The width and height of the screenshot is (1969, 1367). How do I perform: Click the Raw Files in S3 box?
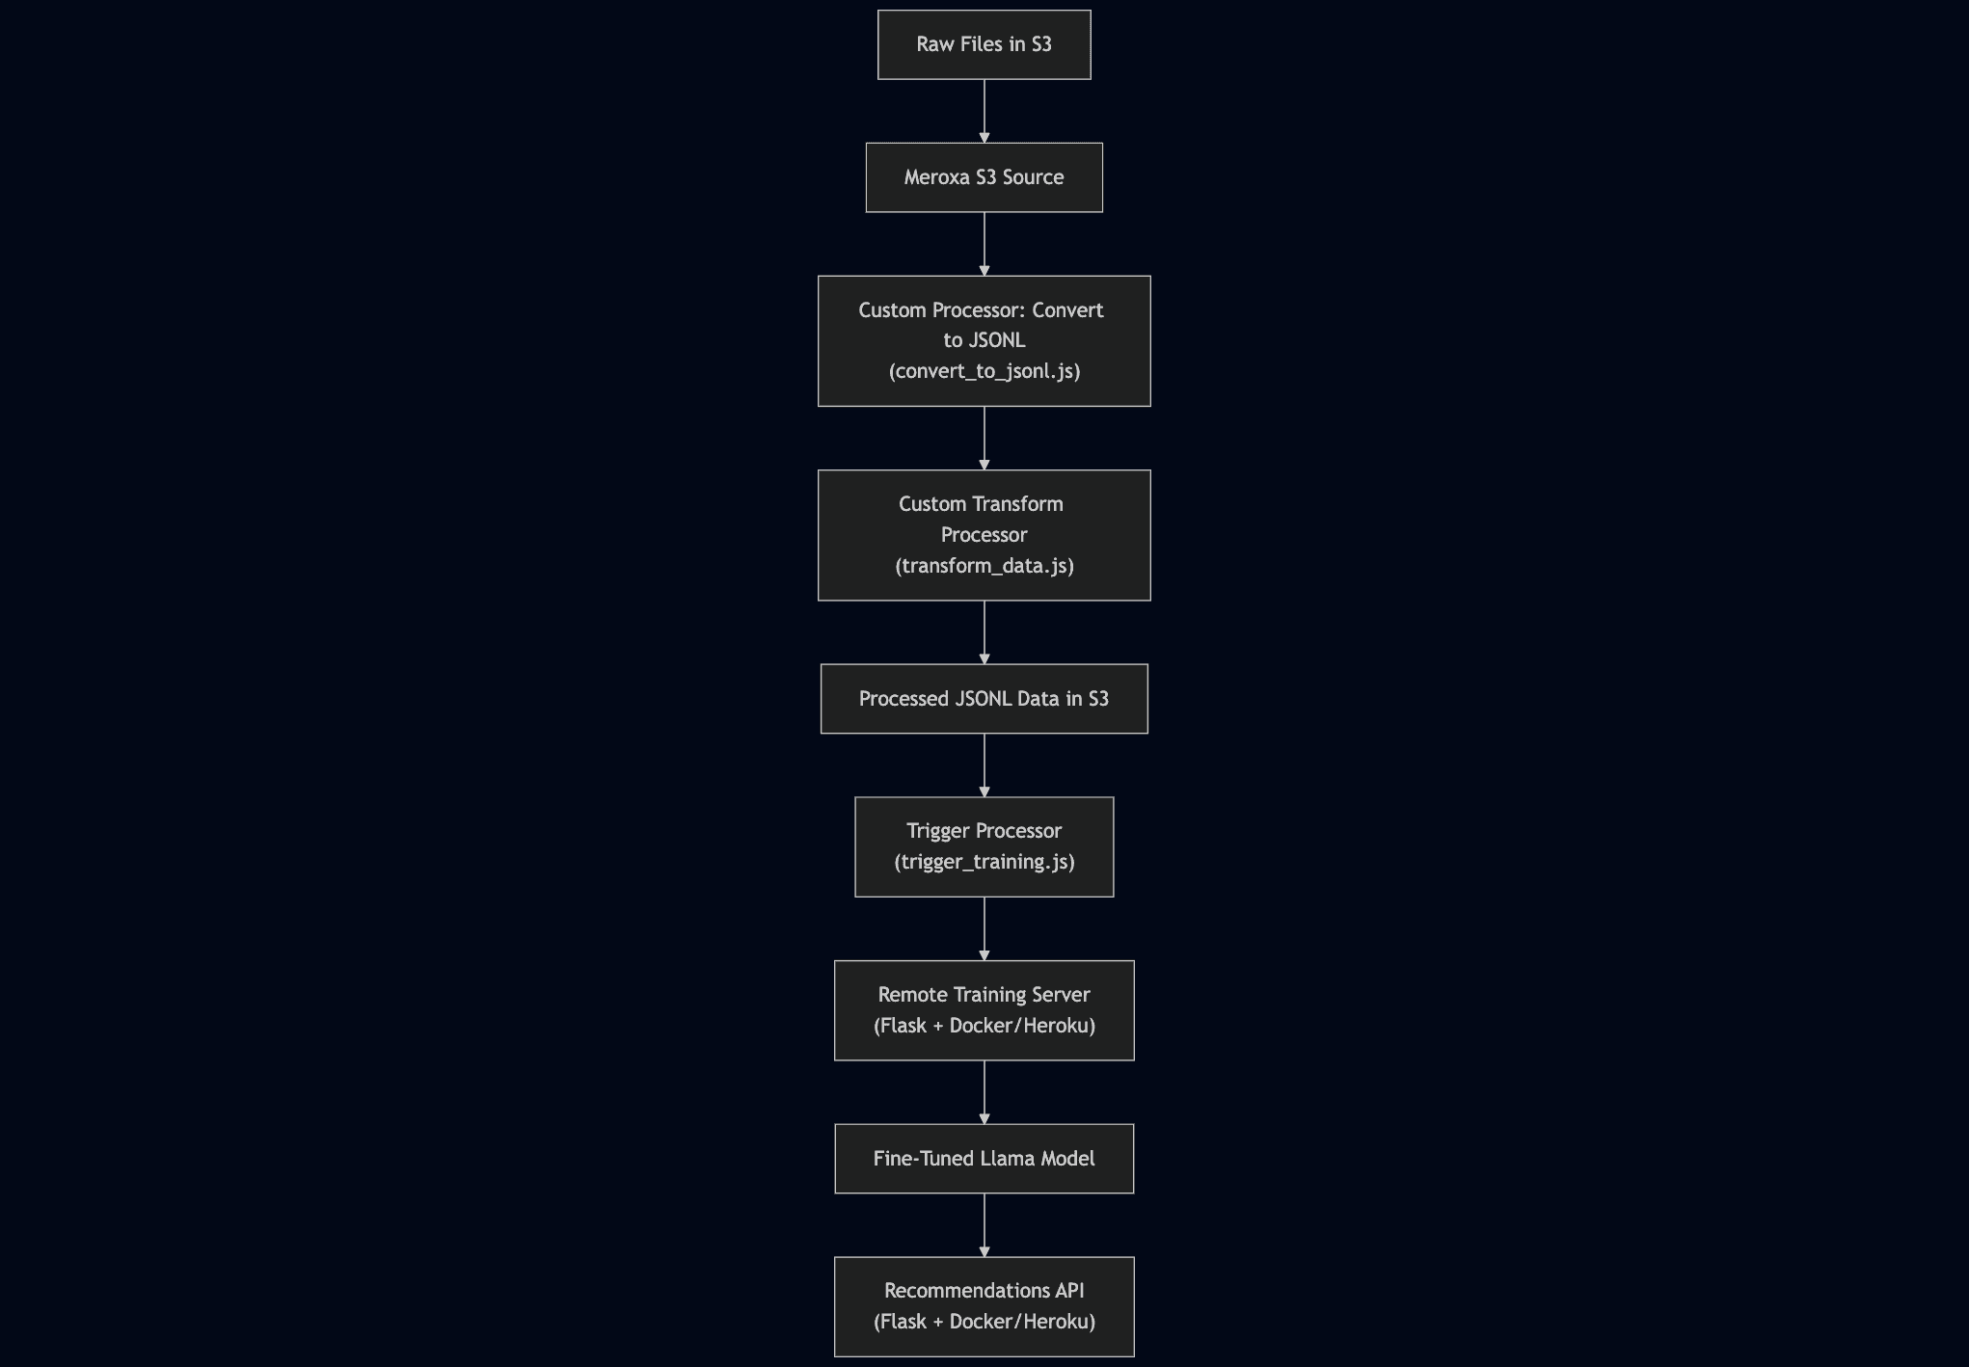(x=984, y=44)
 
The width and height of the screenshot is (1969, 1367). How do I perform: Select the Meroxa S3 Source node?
(x=984, y=177)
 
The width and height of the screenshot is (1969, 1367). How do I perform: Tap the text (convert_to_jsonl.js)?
(x=984, y=371)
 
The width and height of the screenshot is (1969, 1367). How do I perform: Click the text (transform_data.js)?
(x=984, y=566)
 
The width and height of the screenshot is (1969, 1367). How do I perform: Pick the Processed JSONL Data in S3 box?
(x=984, y=699)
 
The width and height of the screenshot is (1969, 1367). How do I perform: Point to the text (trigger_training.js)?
(x=984, y=862)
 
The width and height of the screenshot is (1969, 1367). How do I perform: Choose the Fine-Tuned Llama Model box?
(x=984, y=1159)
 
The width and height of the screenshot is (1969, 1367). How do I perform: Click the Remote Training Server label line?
(x=984, y=995)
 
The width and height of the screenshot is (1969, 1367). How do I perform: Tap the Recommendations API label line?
(x=984, y=1291)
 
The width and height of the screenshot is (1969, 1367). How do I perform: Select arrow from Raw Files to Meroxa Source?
(x=984, y=111)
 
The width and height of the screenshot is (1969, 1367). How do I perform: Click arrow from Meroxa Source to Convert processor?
(x=984, y=244)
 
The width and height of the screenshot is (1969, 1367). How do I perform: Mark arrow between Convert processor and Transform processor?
(x=984, y=438)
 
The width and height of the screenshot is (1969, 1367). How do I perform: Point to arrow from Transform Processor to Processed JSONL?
(x=984, y=632)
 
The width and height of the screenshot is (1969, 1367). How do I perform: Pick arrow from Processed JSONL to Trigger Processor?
(x=984, y=765)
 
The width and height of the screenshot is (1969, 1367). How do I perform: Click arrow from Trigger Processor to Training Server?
(x=984, y=928)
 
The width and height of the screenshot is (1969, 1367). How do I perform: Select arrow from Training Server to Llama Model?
(x=984, y=1092)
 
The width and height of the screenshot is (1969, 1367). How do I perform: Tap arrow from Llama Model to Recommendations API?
(x=984, y=1225)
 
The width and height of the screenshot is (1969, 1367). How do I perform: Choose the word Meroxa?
(x=936, y=177)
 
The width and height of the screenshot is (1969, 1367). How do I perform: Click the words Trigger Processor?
(x=984, y=831)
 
